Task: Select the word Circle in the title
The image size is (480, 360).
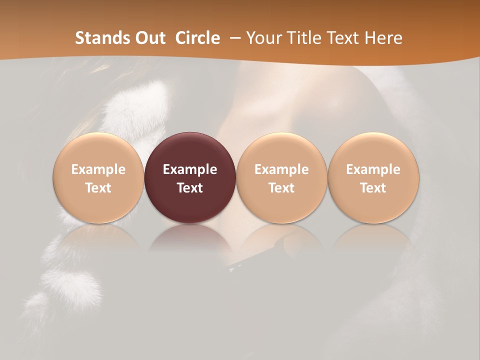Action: pos(197,38)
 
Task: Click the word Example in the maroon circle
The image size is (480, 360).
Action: pos(190,169)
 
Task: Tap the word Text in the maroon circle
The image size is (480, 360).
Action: pos(190,188)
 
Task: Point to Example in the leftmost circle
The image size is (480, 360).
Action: pos(98,169)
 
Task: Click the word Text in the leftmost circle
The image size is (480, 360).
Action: pos(98,188)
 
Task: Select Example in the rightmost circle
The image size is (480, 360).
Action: pos(373,169)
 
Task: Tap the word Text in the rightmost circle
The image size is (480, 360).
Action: pos(373,188)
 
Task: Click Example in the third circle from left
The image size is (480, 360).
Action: pos(281,169)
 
